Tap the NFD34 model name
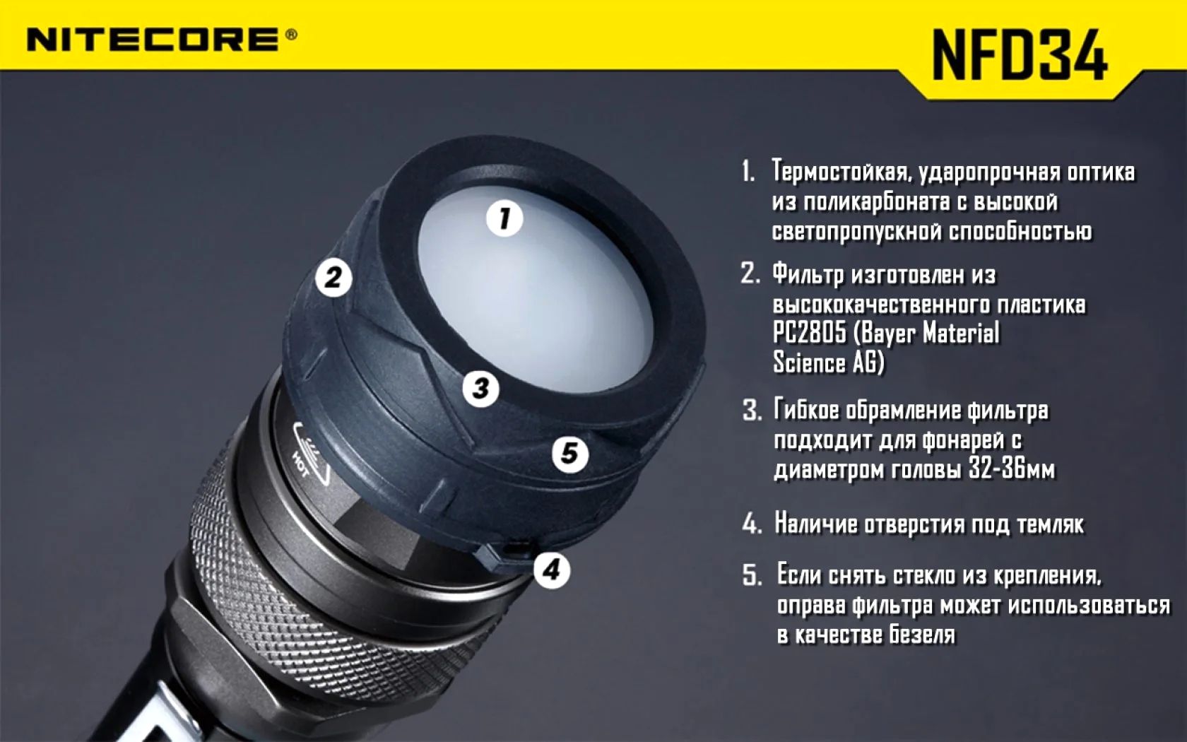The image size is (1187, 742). coord(1020,55)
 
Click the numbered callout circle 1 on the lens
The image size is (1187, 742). coord(504,218)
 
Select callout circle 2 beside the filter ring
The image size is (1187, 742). coord(333,278)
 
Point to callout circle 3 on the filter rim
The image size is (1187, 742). coord(480,389)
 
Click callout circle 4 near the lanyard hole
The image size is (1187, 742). coord(552,570)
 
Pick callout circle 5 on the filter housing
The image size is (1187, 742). coord(569,454)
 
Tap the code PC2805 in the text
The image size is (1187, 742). coord(809,334)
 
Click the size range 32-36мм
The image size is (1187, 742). coord(1012,469)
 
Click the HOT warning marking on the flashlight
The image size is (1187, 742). coord(300,464)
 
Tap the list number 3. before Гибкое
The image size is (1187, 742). coord(752,411)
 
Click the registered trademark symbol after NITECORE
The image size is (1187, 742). coord(291,35)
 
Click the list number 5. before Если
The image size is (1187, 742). coord(752,576)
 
